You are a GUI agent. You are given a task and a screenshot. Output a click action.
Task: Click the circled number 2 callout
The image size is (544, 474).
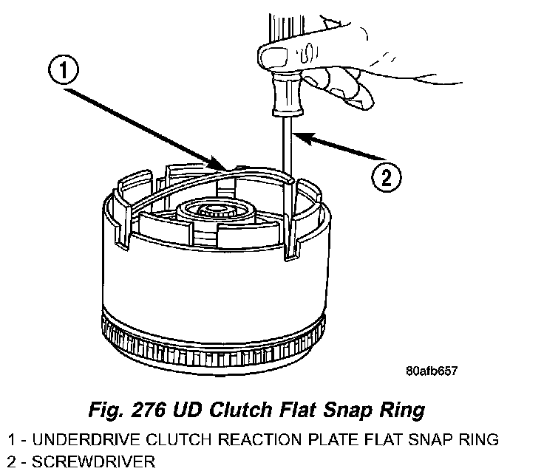[x=385, y=177]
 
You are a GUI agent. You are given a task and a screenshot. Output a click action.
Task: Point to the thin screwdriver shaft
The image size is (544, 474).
[x=288, y=148]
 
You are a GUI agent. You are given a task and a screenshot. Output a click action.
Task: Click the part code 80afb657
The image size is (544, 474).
[x=432, y=371]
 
